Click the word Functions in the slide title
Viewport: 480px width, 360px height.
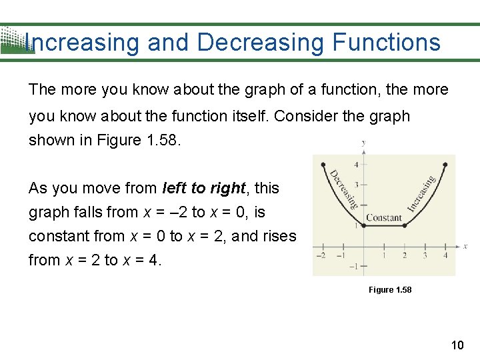click(x=386, y=43)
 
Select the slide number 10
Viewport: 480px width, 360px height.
click(x=457, y=345)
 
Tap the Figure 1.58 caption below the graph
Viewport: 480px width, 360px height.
click(x=390, y=290)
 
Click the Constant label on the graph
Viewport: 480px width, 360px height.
click(x=384, y=217)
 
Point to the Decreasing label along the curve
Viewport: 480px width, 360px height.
click(x=343, y=189)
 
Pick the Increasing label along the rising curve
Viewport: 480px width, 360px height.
click(x=421, y=193)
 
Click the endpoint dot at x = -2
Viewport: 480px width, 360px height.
click(x=323, y=164)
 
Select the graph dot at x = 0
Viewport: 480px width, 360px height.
click(x=363, y=225)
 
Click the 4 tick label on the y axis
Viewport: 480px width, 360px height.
click(x=357, y=165)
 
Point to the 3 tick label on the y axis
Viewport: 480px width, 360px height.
click(x=357, y=185)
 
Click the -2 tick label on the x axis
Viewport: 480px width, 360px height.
click(x=321, y=255)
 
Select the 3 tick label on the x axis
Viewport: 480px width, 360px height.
click(x=425, y=255)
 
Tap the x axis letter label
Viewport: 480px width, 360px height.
click(x=465, y=246)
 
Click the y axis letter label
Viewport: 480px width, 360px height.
click(x=363, y=143)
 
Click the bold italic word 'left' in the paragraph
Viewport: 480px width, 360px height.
click(x=176, y=189)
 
